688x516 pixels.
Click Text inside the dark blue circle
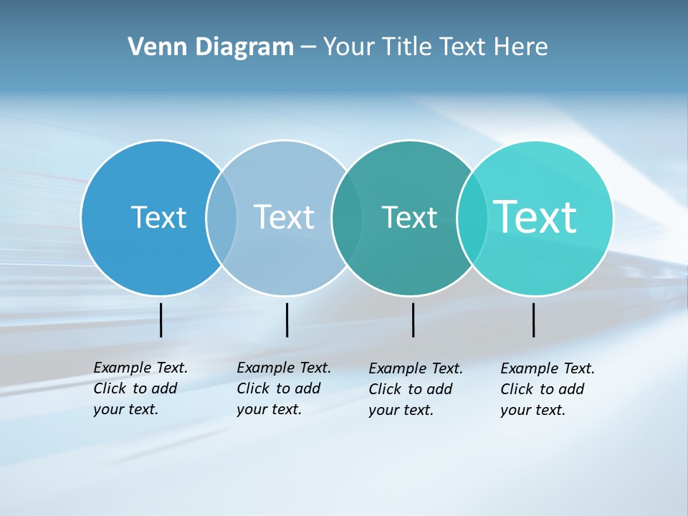pyautogui.click(x=158, y=217)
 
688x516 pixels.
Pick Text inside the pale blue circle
pyautogui.click(x=284, y=217)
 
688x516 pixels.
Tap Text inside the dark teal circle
pyautogui.click(x=409, y=217)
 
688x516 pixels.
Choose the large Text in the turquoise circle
pyautogui.click(x=535, y=217)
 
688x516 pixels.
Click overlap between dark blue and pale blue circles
pyautogui.click(x=221, y=217)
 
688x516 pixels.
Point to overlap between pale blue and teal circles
pyautogui.click(x=347, y=217)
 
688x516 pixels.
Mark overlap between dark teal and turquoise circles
pyautogui.click(x=472, y=217)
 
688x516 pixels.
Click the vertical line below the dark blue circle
pyautogui.click(x=161, y=320)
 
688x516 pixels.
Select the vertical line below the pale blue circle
pyautogui.click(x=287, y=320)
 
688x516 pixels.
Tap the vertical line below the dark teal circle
pyautogui.click(x=413, y=320)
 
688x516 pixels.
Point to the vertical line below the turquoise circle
pyautogui.click(x=534, y=320)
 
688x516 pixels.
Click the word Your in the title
pyautogui.click(x=348, y=47)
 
